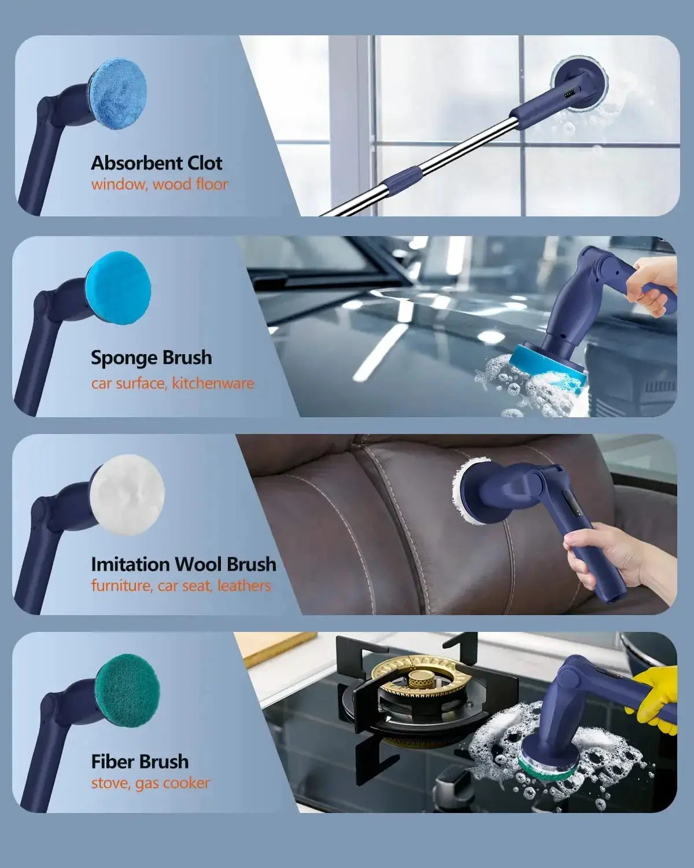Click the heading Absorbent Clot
[157, 163]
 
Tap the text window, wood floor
[160, 185]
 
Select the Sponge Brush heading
[151, 358]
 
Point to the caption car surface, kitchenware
[172, 383]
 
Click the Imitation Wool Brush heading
[184, 564]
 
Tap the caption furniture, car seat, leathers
[181, 586]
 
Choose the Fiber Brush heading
[140, 762]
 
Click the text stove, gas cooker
[150, 784]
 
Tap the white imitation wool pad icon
[127, 495]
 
